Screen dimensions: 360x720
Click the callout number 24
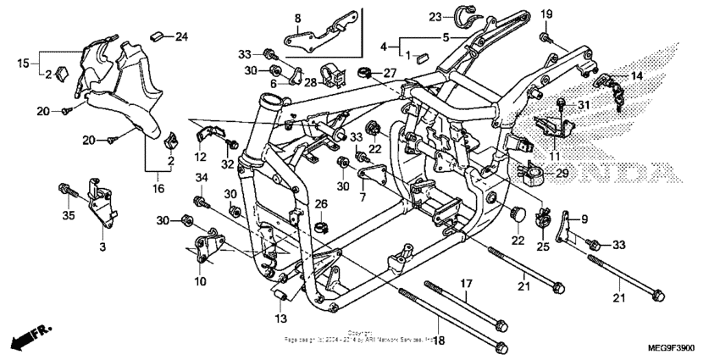(x=182, y=36)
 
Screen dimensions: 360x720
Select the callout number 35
(x=103, y=246)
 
